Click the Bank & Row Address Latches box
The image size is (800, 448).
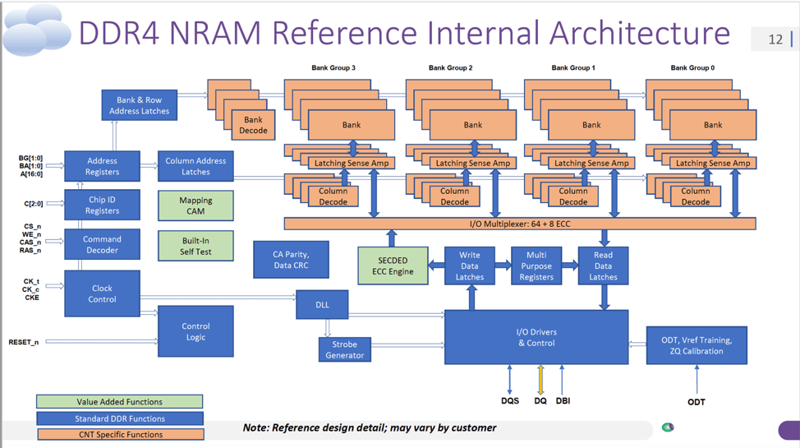coord(139,105)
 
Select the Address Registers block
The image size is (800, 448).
coord(102,167)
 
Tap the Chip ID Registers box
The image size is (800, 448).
coord(102,205)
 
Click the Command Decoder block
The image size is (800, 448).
coord(102,244)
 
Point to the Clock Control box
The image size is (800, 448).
coord(102,293)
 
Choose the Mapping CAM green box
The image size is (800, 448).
coord(195,206)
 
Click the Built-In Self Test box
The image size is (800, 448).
coord(195,246)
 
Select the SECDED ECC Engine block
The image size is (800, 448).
coord(393,266)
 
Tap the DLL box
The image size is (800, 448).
coord(322,305)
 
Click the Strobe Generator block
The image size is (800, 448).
coord(344,349)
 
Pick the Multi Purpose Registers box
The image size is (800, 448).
coord(536,266)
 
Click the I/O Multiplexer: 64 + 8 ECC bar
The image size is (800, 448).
coord(519,224)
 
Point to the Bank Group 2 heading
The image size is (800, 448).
coord(451,68)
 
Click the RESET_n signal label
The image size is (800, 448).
coord(24,342)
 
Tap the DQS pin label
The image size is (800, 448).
coord(509,401)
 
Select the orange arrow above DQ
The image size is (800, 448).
coord(540,379)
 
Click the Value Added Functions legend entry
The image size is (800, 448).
coord(119,402)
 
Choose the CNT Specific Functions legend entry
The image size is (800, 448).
coord(120,434)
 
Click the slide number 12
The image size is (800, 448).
coord(775,39)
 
